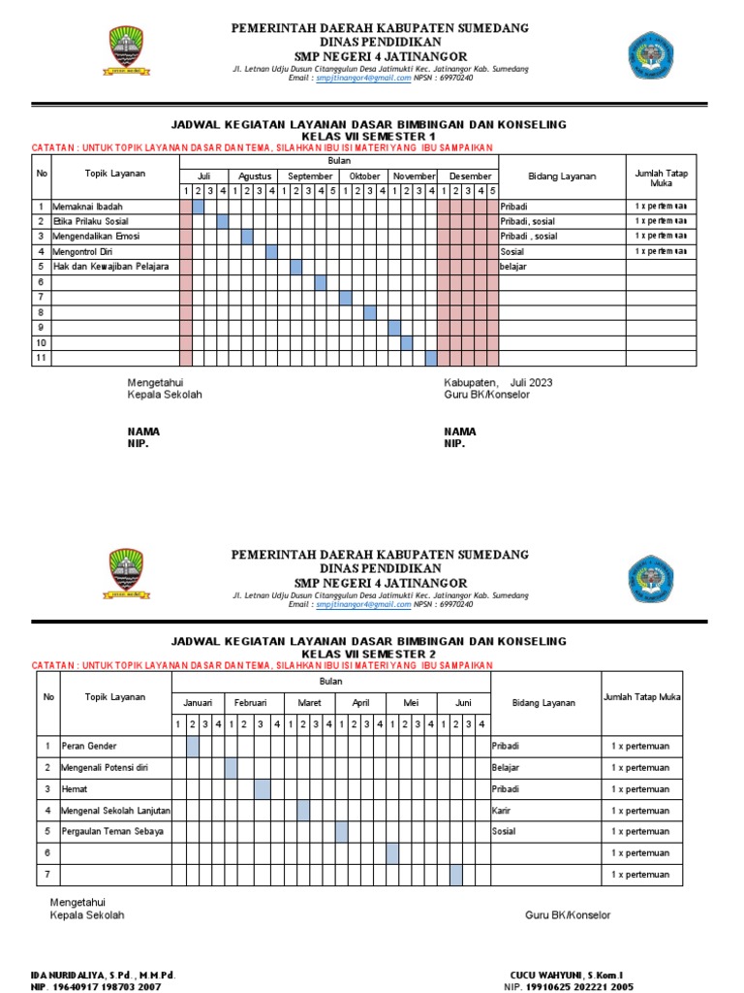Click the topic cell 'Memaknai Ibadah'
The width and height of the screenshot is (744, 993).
pyautogui.click(x=88, y=207)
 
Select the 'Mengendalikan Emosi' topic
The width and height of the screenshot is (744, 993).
pyautogui.click(x=98, y=237)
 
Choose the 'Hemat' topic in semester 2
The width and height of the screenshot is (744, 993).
pyautogui.click(x=76, y=788)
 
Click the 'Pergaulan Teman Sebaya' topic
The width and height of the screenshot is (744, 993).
pyautogui.click(x=112, y=831)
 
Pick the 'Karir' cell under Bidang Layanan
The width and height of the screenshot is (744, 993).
pyautogui.click(x=502, y=810)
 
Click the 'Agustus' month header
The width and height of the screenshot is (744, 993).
pyautogui.click(x=254, y=176)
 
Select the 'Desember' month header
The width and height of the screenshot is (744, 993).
pyautogui.click(x=469, y=176)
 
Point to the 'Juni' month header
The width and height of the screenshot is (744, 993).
pyautogui.click(x=463, y=702)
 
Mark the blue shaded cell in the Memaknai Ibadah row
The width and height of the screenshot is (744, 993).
pyautogui.click(x=199, y=207)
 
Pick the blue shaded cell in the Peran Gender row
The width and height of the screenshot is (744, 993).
pyautogui.click(x=193, y=746)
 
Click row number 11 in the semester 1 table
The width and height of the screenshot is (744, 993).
pyautogui.click(x=42, y=358)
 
